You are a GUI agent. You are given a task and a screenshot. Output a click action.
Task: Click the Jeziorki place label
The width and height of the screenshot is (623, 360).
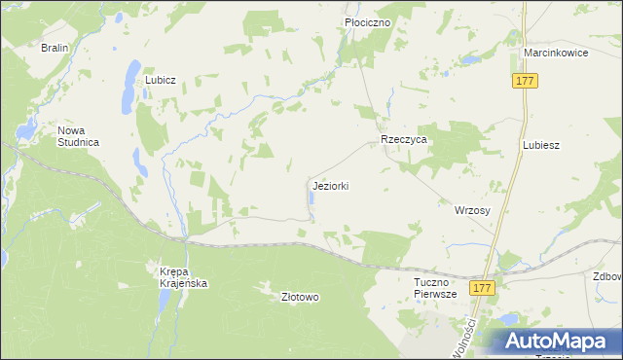[331, 185]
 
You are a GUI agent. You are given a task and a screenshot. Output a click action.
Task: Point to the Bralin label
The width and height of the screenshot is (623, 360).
[54, 47]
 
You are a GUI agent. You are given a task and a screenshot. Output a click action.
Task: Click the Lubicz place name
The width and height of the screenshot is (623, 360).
[160, 80]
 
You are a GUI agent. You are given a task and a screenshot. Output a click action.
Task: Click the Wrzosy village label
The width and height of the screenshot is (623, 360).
[472, 209]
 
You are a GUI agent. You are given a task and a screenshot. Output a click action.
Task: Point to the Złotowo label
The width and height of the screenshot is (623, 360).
[300, 297]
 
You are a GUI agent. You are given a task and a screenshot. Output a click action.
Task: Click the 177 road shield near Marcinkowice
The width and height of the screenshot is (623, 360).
[525, 82]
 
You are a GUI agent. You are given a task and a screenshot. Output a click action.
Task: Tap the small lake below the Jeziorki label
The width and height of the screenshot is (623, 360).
[311, 199]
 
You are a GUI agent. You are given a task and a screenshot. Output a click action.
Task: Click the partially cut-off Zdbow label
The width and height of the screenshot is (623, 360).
[607, 275]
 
